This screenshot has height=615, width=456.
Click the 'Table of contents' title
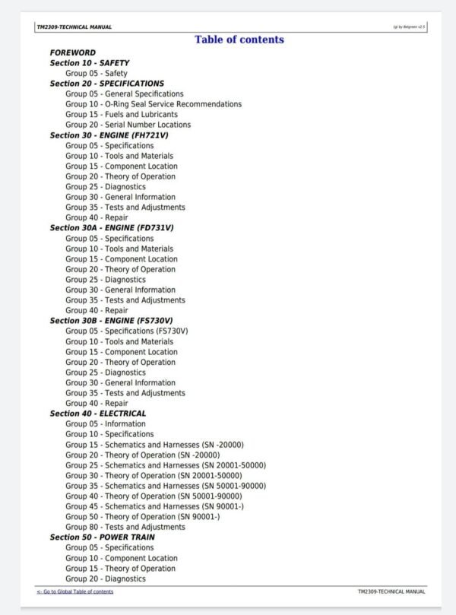coord(239,40)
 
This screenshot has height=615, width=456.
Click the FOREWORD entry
coord(73,52)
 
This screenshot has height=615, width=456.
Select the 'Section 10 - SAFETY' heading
coord(90,63)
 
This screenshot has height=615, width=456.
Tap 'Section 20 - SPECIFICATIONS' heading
coord(107,84)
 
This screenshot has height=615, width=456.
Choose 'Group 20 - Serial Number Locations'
coord(128,125)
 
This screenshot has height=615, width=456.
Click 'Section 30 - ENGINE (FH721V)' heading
coord(109,135)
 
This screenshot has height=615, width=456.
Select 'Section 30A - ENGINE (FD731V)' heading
coord(112,228)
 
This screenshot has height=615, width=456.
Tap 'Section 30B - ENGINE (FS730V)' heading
coord(112,321)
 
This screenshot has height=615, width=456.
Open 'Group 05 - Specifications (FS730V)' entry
coord(126,331)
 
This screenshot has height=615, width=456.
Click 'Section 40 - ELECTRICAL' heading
coord(98,414)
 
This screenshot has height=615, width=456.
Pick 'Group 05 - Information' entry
coord(106,424)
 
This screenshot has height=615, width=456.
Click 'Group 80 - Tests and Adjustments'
coord(125,527)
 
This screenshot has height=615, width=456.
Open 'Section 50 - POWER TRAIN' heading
coord(103,537)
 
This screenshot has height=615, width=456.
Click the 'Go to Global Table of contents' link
coord(75,591)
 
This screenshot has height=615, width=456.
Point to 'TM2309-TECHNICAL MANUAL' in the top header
coord(74,27)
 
